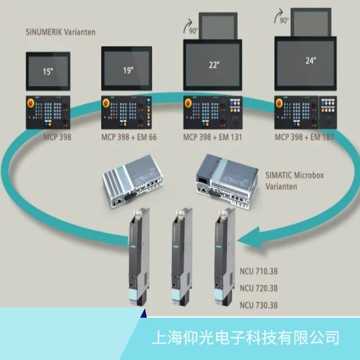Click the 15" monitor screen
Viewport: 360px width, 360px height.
[x=48, y=71]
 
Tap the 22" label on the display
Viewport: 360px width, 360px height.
[x=214, y=65]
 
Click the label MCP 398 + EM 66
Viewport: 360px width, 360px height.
[x=129, y=137]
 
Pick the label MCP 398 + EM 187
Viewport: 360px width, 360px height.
[x=304, y=137]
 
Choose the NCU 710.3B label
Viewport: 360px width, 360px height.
[x=259, y=273]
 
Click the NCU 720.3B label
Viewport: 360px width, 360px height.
[x=259, y=288]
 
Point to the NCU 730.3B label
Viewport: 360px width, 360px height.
[x=259, y=305]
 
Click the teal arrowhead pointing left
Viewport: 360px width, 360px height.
[x=248, y=238]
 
